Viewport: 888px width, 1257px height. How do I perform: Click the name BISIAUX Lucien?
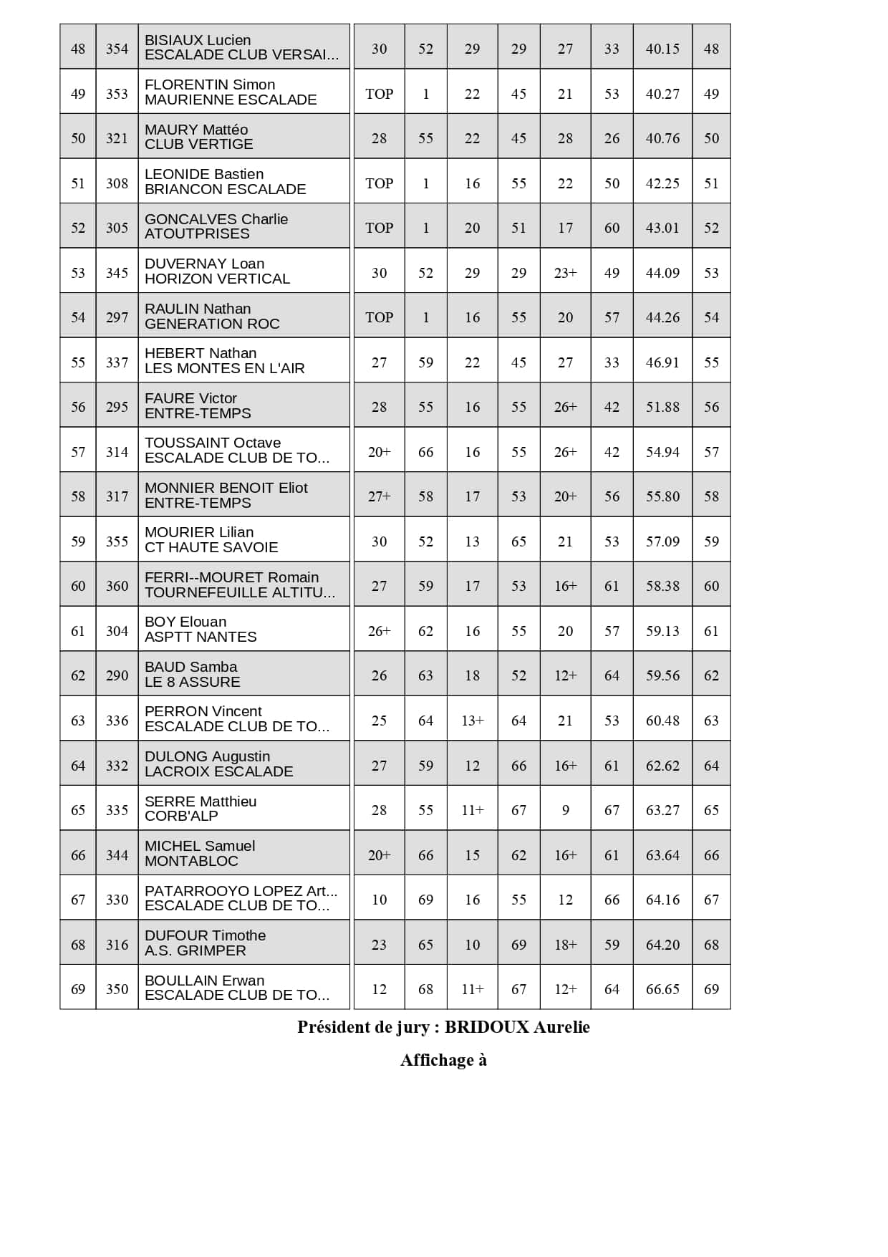(198, 40)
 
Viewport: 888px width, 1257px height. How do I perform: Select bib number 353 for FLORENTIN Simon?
(117, 94)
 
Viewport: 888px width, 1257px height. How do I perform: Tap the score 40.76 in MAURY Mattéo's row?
(662, 138)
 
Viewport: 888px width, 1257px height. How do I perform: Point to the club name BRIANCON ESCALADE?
(225, 189)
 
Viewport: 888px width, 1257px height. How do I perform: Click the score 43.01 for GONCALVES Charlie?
(662, 228)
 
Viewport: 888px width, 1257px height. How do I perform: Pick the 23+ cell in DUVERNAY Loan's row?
(565, 273)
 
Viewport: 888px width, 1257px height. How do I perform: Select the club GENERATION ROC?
(212, 324)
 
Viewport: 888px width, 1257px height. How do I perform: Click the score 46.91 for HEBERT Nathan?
(662, 362)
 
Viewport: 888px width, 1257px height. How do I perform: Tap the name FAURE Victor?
(190, 398)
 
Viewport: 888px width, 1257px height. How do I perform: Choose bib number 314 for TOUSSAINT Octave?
(117, 452)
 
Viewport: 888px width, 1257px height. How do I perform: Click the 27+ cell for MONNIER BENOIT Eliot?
(379, 496)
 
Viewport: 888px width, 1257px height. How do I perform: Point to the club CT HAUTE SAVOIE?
(211, 547)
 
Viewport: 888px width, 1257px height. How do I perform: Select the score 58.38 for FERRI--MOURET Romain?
(662, 586)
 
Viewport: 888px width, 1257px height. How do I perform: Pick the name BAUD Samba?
(190, 667)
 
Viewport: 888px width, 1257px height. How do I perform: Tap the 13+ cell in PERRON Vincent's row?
(472, 721)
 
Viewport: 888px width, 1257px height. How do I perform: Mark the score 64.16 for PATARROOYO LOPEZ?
(662, 900)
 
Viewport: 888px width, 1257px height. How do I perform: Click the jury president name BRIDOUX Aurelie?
(517, 1027)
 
